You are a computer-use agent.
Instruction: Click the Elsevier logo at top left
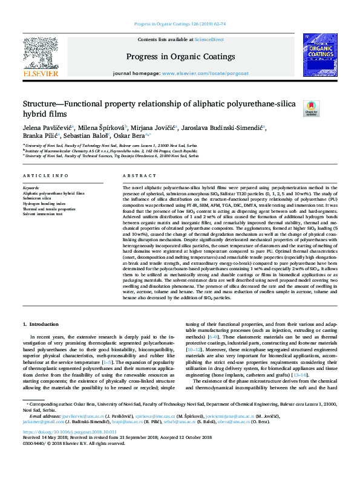41,60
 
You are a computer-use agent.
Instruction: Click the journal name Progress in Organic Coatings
180,57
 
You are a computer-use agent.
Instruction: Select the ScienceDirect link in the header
208,39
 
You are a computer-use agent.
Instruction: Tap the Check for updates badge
311,108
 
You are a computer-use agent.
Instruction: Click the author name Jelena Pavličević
47,128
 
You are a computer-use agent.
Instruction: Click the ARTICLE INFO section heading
45,176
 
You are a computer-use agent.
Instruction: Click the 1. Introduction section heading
41,325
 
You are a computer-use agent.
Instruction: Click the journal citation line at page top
180,24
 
